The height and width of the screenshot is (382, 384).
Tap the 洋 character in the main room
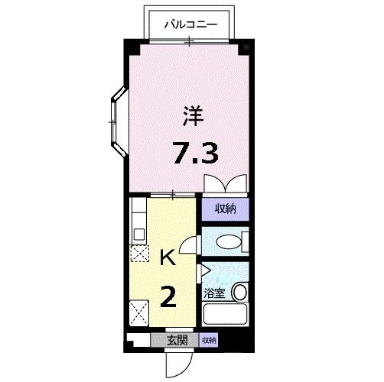193,117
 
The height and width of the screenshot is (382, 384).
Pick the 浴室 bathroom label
215,293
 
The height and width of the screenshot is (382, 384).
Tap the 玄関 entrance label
177,340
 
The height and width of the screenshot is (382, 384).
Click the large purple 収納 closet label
225,209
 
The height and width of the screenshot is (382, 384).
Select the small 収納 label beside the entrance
209,340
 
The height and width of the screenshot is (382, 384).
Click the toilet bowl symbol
229,243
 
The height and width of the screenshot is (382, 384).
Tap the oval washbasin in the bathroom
240,292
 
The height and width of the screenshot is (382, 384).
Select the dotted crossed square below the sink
139,254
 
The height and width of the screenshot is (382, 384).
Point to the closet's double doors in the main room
225,184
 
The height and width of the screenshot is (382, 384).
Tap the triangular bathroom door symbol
205,270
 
